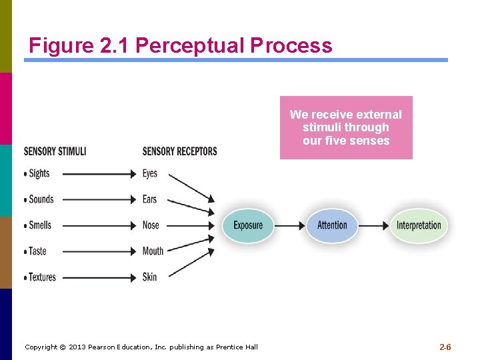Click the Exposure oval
(x=248, y=225)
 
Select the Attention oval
(x=332, y=225)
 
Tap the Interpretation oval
(x=419, y=225)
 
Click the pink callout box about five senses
(x=346, y=127)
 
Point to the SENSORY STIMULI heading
(x=55, y=151)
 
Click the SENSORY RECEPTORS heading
(x=179, y=151)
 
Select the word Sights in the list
(x=39, y=173)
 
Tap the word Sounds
(x=41, y=199)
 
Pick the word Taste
(x=38, y=251)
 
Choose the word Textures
(x=43, y=277)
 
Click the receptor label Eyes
(x=150, y=173)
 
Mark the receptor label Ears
(x=150, y=199)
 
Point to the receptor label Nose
(x=151, y=225)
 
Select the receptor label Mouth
(x=153, y=251)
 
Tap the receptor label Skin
(x=149, y=277)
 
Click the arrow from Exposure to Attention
(x=289, y=225)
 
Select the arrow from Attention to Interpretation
(x=374, y=225)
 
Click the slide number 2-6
(x=445, y=347)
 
